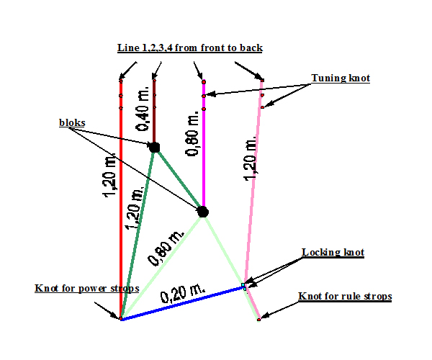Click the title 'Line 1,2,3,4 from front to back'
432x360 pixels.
click(x=190, y=48)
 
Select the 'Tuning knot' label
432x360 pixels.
click(x=341, y=78)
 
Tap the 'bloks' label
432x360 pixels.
click(x=72, y=122)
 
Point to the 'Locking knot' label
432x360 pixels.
click(x=333, y=252)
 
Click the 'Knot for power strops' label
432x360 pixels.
click(x=87, y=289)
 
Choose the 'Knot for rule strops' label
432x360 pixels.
click(x=345, y=297)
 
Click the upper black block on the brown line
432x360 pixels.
click(x=155, y=148)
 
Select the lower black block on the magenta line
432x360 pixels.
click(x=203, y=212)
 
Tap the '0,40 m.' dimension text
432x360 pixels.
click(x=143, y=108)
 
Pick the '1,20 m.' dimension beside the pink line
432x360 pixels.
click(x=251, y=159)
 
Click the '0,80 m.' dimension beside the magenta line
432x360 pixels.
click(x=193, y=133)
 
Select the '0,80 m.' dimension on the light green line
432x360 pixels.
click(x=166, y=248)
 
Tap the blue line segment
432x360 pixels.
click(x=182, y=303)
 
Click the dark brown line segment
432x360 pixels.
click(x=154, y=112)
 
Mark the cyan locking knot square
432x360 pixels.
click(x=243, y=284)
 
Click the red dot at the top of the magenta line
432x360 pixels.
click(x=204, y=82)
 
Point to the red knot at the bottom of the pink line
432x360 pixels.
click(x=258, y=320)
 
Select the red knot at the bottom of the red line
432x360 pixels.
click(x=121, y=318)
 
